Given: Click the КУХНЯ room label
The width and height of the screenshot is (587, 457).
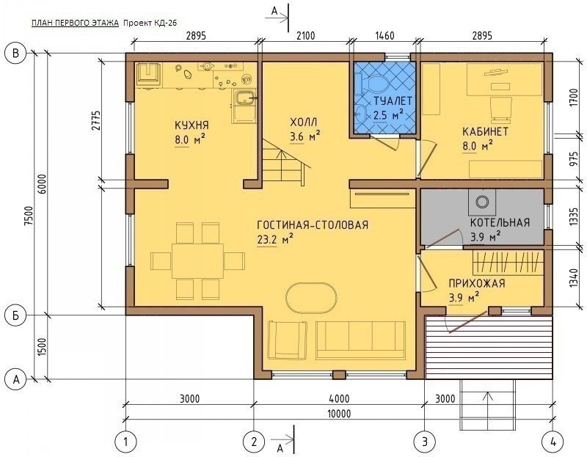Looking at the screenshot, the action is tap(192, 125).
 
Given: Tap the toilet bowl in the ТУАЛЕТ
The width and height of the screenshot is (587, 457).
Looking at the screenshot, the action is tap(376, 85).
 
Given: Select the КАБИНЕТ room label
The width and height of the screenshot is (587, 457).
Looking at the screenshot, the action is tap(485, 132).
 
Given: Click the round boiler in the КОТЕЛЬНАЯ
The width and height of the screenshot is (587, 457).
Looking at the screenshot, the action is tap(482, 202).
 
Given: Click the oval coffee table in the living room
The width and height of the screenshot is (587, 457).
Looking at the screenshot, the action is tap(311, 299).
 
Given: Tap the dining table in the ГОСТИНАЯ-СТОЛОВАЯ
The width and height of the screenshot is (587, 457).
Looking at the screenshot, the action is tap(197, 261).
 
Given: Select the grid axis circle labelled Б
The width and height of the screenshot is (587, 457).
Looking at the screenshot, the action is tap(15, 315).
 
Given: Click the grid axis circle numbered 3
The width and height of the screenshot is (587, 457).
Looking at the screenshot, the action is tap(425, 442).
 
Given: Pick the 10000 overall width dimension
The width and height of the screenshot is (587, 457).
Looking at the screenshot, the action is tap(339, 413).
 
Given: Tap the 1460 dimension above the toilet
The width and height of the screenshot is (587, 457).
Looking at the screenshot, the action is tap(384, 36).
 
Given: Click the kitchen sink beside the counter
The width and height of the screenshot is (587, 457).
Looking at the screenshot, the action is tap(244, 98).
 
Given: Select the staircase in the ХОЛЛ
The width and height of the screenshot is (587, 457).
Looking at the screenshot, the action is tap(285, 161).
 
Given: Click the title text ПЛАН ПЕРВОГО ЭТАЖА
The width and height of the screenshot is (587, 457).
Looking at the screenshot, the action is tap(75, 23).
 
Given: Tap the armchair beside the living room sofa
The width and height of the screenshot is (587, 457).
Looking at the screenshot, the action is tap(288, 340).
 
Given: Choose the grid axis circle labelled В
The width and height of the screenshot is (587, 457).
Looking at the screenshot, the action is tap(15, 53).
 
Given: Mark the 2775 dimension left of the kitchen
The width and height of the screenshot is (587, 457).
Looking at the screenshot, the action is tap(96, 120).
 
